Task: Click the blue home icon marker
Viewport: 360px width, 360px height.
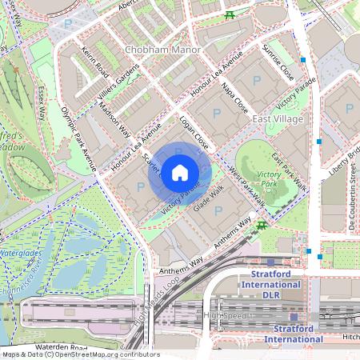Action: tap(180, 172)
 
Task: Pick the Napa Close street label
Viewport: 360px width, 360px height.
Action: tap(234, 98)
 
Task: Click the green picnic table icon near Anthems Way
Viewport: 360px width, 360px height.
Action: tap(262, 226)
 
